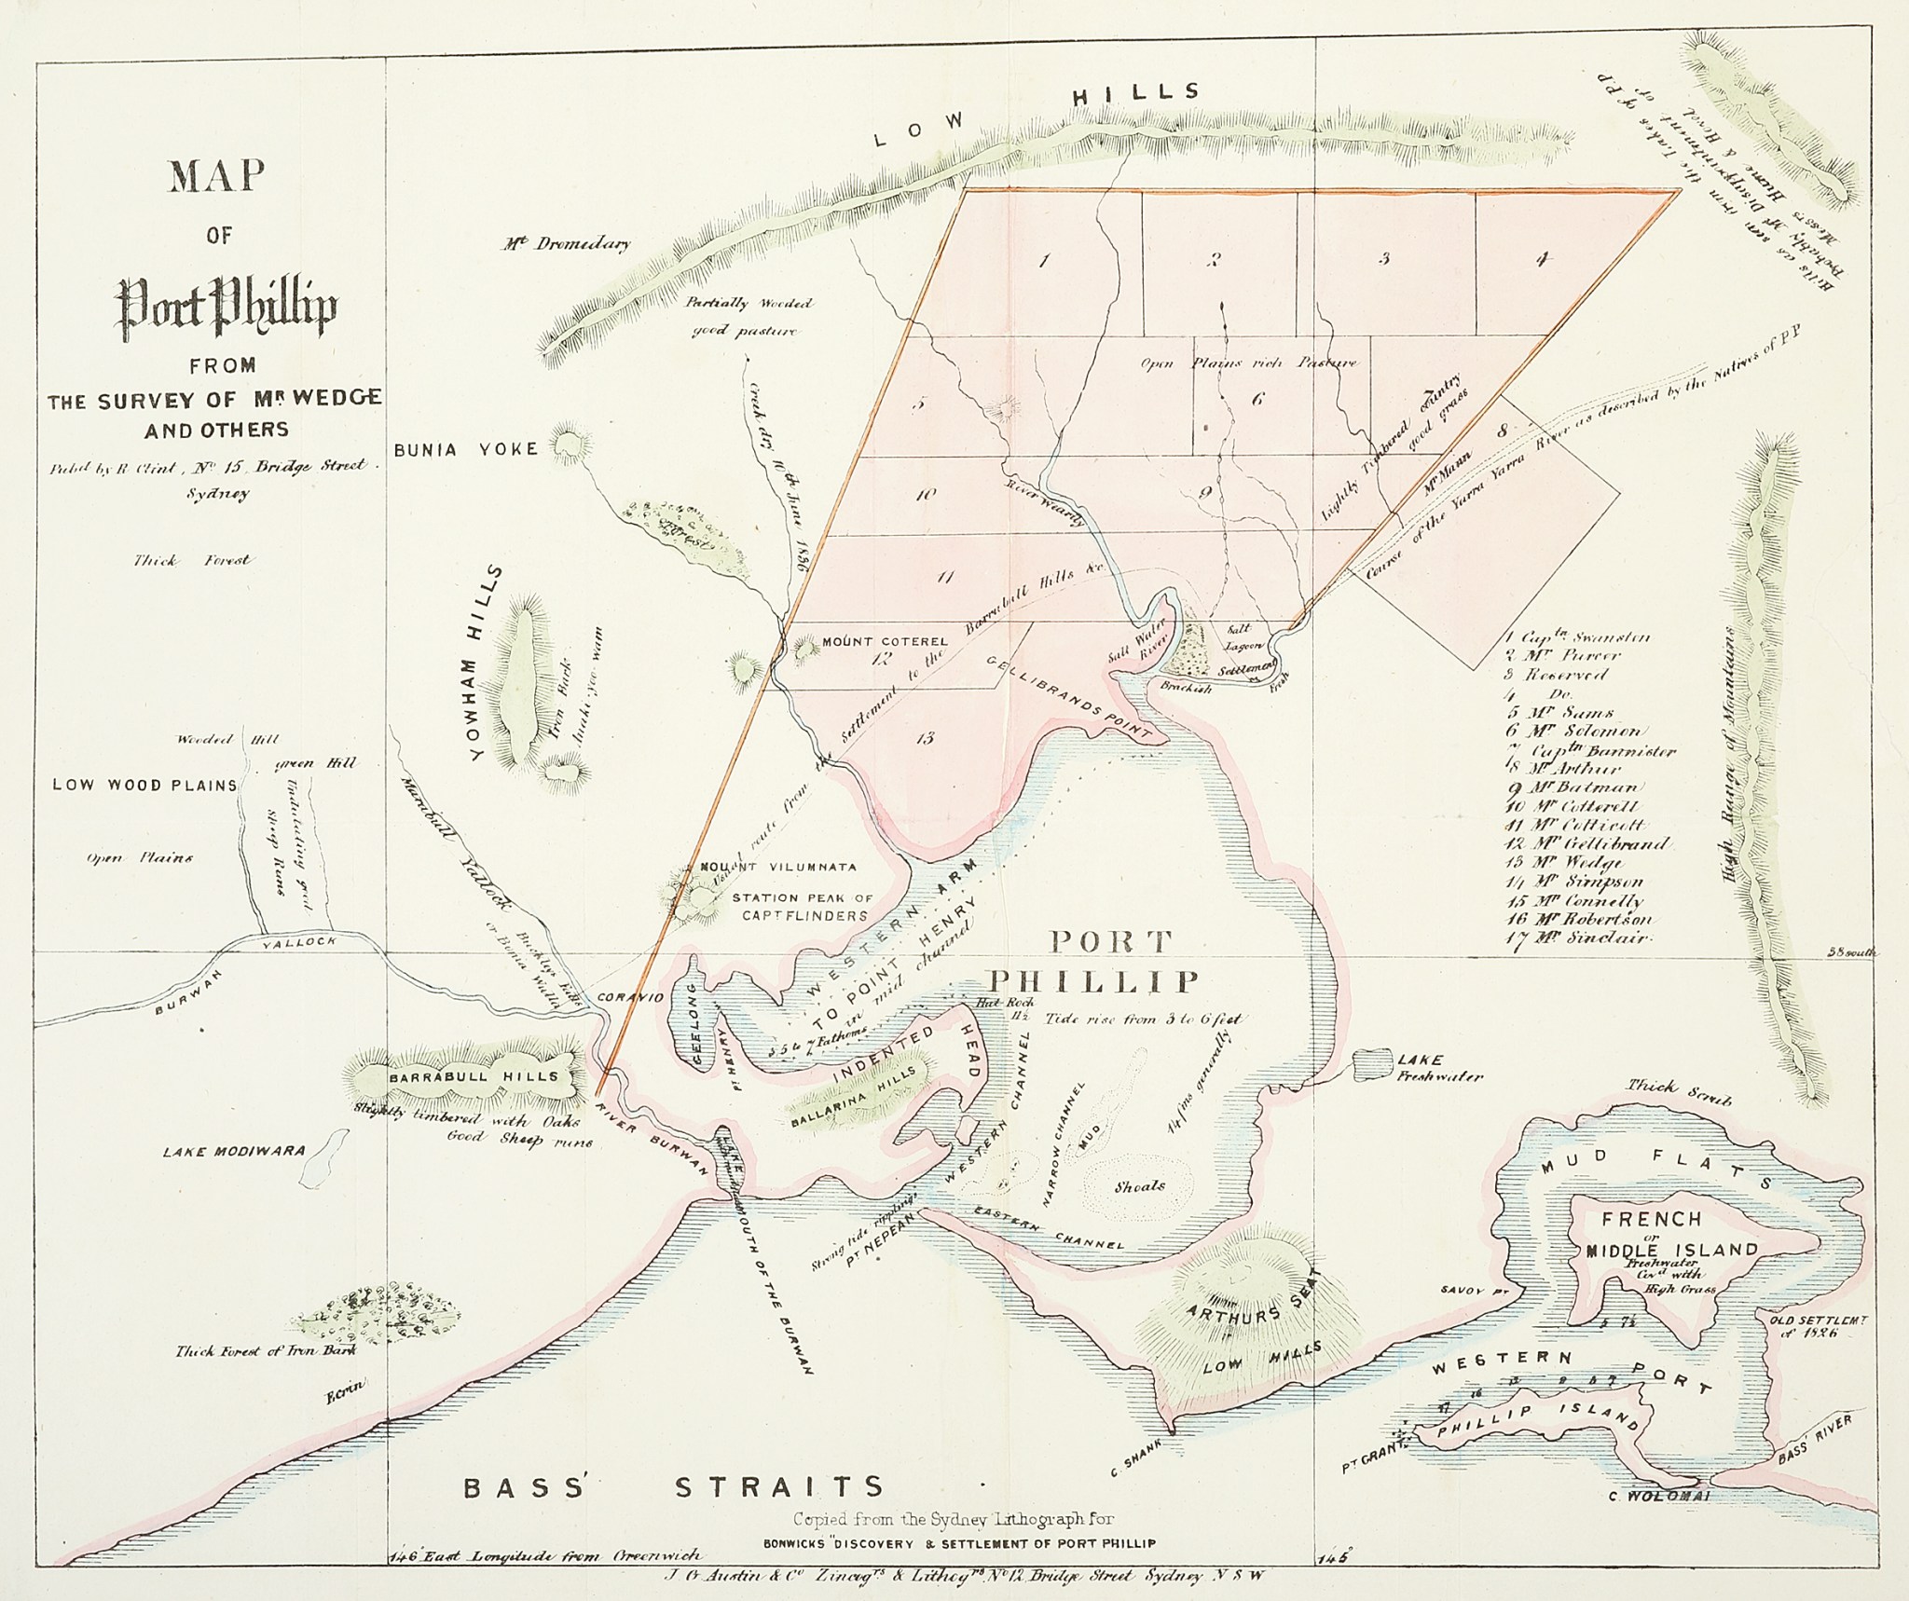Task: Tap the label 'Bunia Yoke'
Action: tap(466, 449)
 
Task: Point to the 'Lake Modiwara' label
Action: tap(234, 1151)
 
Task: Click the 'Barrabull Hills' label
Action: tap(474, 1075)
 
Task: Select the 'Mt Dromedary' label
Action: tap(566, 244)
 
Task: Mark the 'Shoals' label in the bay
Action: tap(1139, 1186)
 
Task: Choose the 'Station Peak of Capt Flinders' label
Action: tap(801, 907)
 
